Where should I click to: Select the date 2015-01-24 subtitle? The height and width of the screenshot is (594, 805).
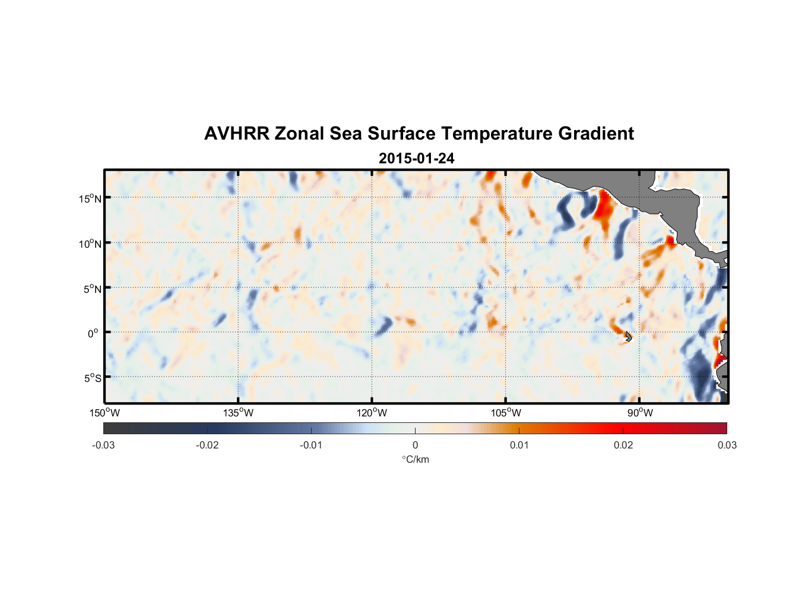pos(416,159)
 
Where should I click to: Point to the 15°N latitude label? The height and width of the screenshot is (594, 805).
pos(90,198)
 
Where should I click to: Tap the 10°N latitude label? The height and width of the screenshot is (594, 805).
pos(90,244)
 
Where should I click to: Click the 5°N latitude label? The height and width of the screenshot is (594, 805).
pos(92,289)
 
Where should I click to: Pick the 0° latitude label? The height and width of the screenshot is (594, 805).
pos(93,334)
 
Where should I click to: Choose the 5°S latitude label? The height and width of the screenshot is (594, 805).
pos(92,378)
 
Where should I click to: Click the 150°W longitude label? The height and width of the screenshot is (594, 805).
pos(105,413)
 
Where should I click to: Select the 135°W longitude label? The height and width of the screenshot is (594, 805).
pos(239,413)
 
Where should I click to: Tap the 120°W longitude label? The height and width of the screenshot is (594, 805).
pos(372,413)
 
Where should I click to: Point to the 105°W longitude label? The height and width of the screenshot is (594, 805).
pos(506,413)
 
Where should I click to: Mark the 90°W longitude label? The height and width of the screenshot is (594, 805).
pos(640,413)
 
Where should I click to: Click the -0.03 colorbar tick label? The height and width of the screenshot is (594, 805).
pos(103,445)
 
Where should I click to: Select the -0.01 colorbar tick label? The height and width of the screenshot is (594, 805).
pos(311,445)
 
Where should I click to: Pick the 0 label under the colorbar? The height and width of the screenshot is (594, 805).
pos(415,445)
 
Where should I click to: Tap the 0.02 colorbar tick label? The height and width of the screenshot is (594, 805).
pos(623,445)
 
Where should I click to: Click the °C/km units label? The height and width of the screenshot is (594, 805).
pos(416,459)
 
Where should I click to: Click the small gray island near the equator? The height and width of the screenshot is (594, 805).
pos(628,337)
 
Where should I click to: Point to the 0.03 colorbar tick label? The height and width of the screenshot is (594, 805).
pos(727,445)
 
